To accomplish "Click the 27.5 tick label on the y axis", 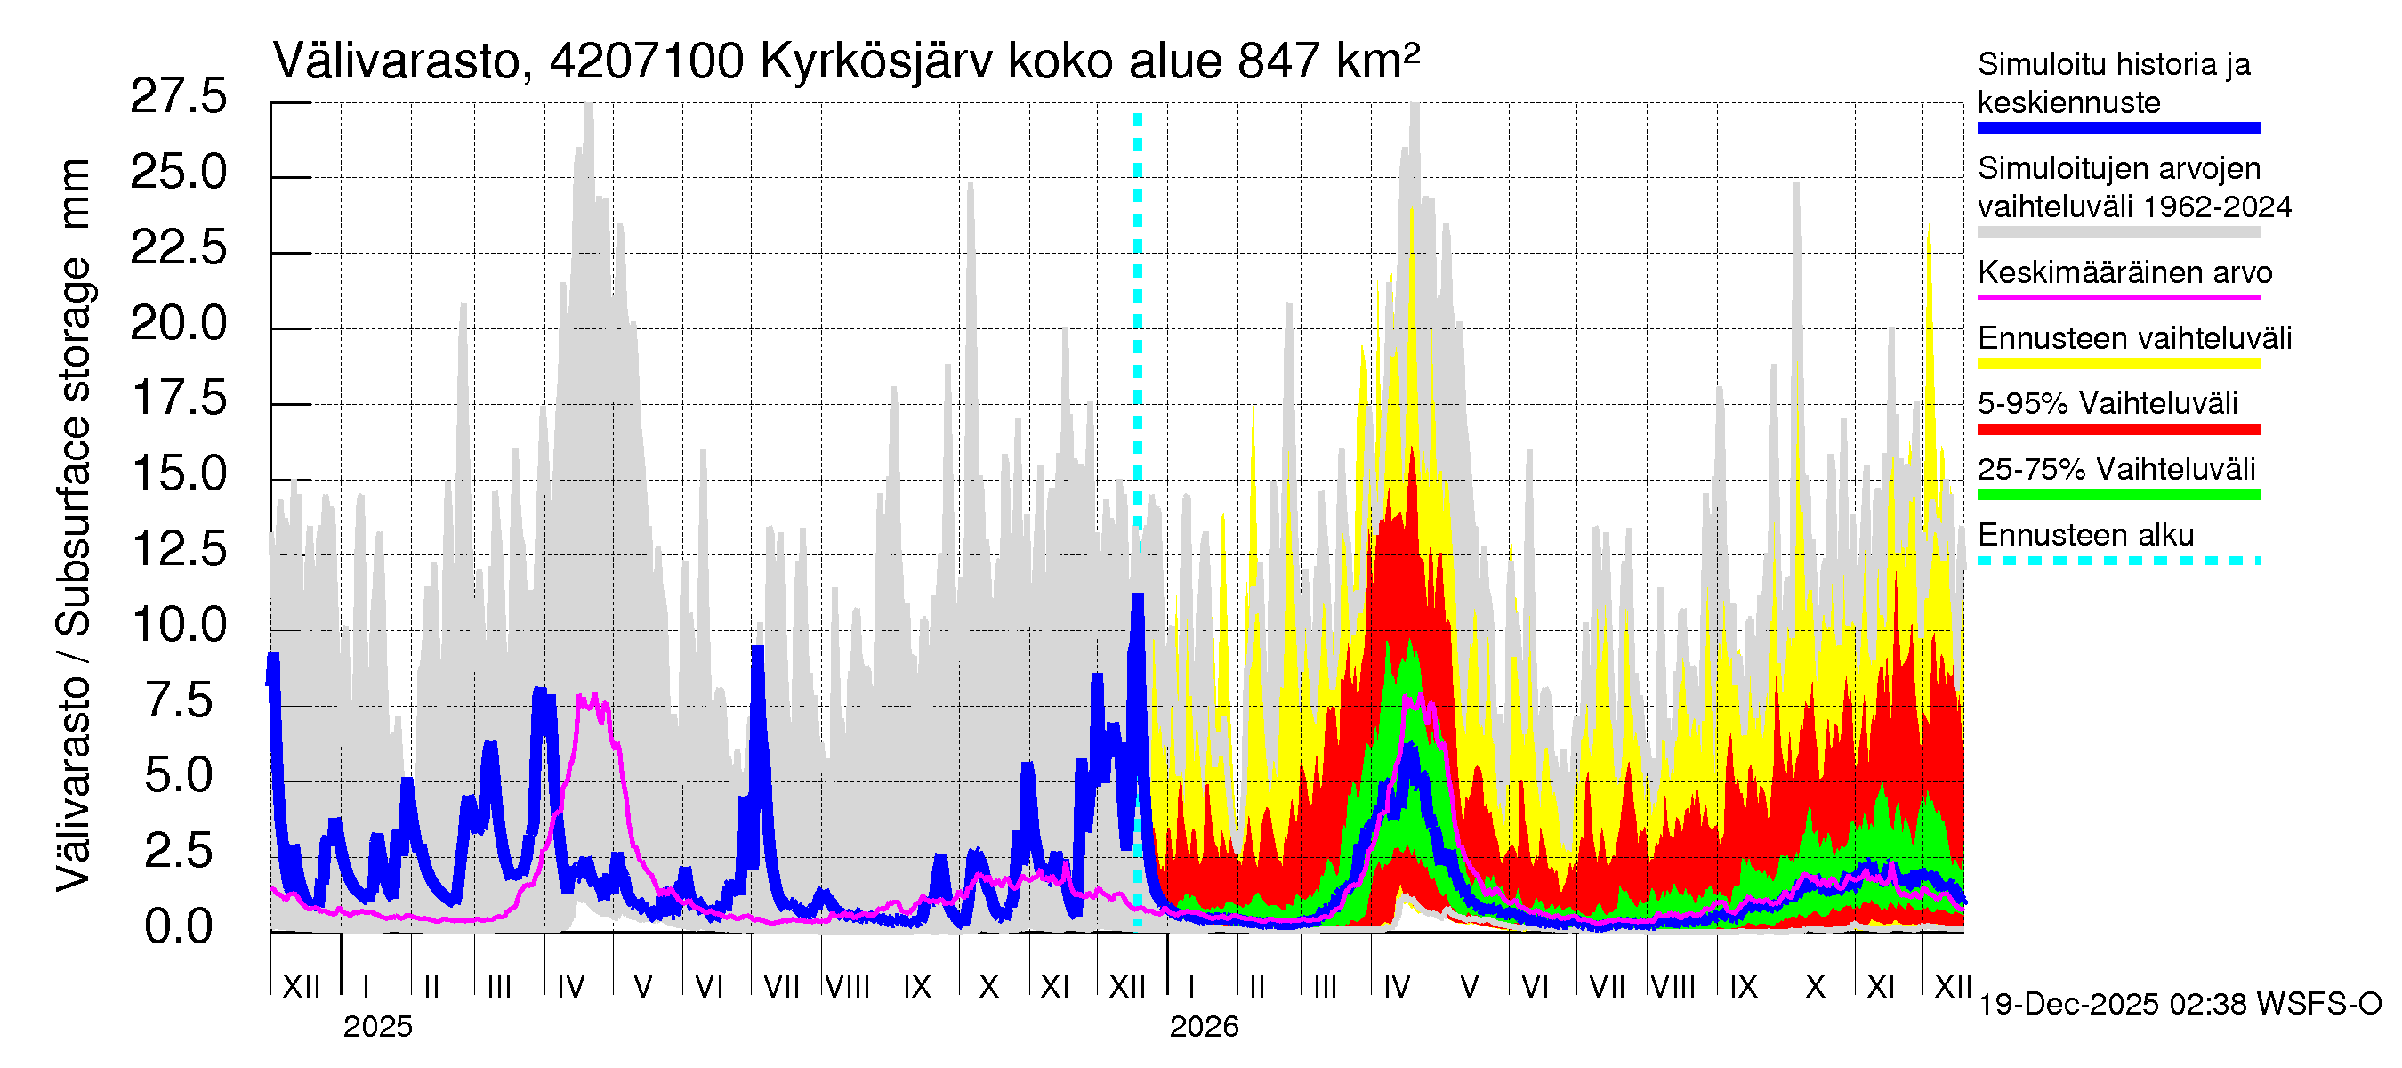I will (x=178, y=96).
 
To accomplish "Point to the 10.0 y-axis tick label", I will (x=178, y=624).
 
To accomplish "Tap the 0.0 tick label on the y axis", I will (x=178, y=926).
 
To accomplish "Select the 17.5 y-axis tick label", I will (x=178, y=399).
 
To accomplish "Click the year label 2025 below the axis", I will (x=376, y=1027).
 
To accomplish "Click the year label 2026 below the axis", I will (x=1204, y=1027).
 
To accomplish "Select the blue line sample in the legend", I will (x=2117, y=128).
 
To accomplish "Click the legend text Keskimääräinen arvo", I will (x=2124, y=272).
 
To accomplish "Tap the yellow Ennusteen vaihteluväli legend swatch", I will (x=2117, y=364).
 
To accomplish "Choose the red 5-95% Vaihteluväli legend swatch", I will (x=2117, y=429).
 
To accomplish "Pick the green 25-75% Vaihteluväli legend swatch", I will (x=2117, y=494).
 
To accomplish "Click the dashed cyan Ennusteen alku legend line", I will (x=2117, y=561).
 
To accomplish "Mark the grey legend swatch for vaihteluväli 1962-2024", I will (x=2117, y=232).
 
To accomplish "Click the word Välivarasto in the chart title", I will (x=396, y=61).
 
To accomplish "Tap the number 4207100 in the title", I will (x=646, y=61).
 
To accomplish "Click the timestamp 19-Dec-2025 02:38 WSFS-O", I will (x=2179, y=1005).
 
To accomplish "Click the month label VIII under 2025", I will (x=848, y=986).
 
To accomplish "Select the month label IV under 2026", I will (x=1397, y=986).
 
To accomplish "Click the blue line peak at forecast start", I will (x=1138, y=598).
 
